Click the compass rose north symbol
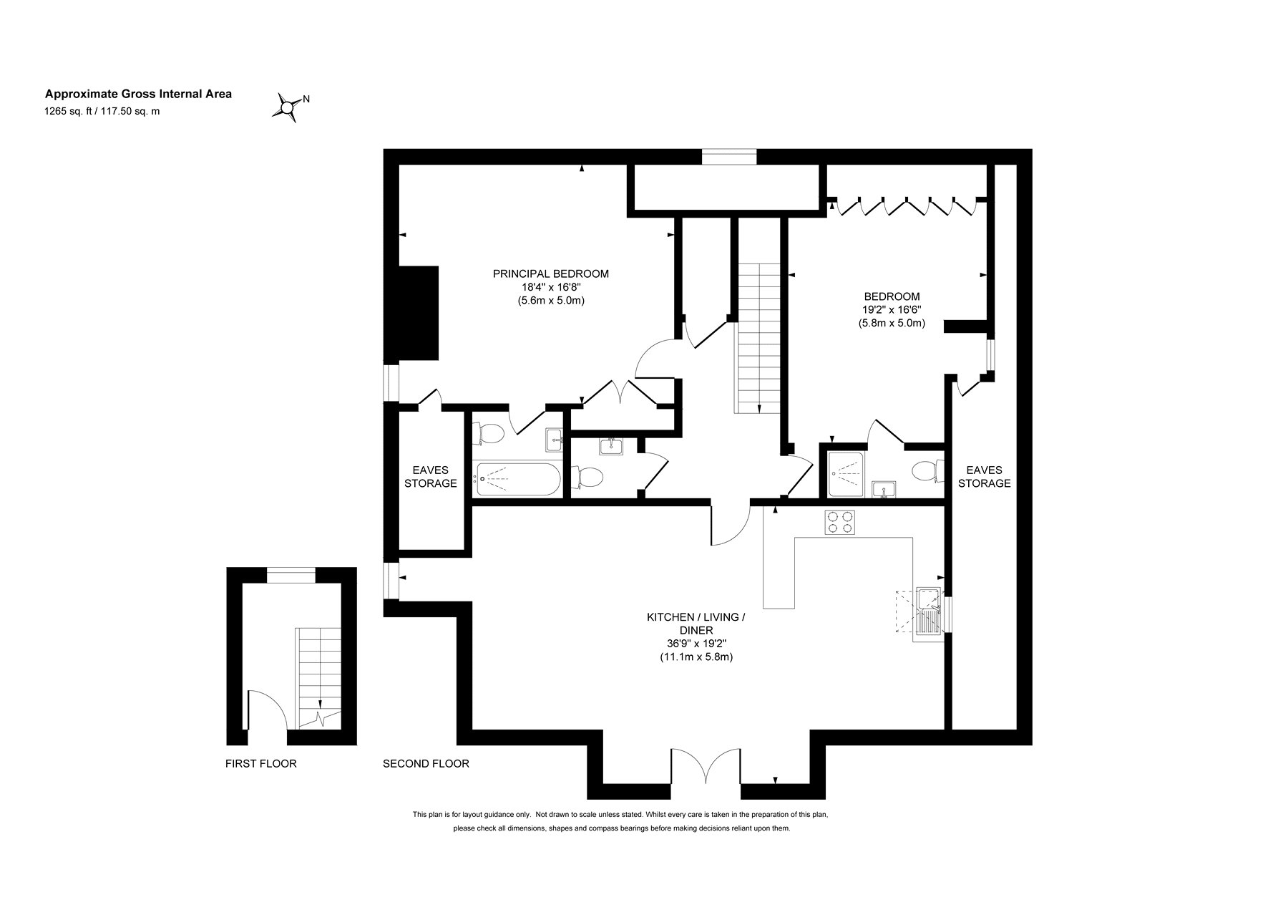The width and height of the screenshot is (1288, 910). [x=288, y=107]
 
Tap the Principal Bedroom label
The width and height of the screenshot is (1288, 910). [x=551, y=274]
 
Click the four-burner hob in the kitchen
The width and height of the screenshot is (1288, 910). [x=840, y=522]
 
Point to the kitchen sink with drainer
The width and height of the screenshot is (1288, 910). [x=928, y=613]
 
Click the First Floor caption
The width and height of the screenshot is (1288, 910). [x=260, y=764]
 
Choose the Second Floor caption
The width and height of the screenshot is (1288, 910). [x=426, y=764]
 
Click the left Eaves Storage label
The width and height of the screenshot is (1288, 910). [x=431, y=477]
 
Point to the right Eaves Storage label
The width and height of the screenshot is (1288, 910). [x=985, y=477]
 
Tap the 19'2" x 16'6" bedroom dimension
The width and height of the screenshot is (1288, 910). [x=892, y=310]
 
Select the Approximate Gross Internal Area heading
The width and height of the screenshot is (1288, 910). [x=139, y=94]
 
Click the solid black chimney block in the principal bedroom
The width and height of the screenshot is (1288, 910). [x=411, y=313]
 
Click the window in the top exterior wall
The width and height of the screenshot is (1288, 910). [x=728, y=157]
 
